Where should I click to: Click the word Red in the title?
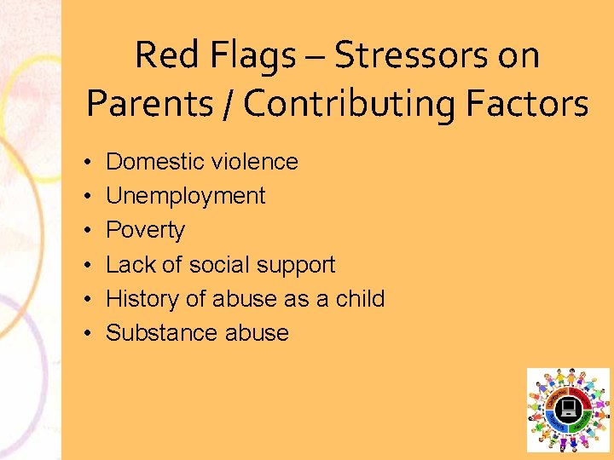(x=168, y=56)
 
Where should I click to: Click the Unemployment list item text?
(x=185, y=196)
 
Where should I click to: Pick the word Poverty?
(x=145, y=231)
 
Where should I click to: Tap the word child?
(x=362, y=299)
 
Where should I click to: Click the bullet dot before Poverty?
(x=90, y=231)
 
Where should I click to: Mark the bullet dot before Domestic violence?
(x=90, y=162)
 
